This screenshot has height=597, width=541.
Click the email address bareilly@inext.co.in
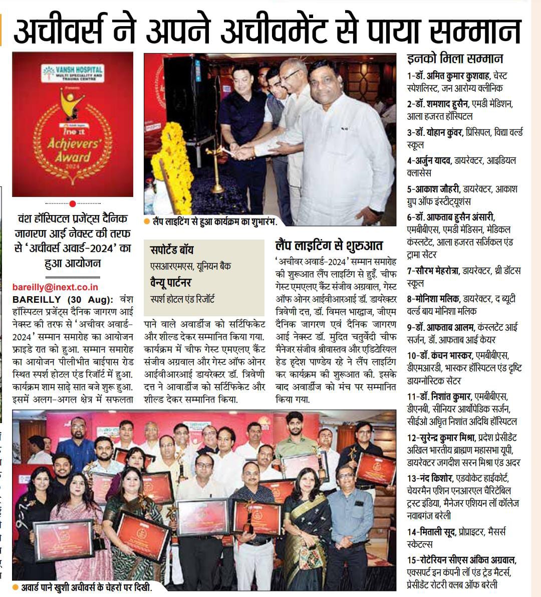(x=55, y=287)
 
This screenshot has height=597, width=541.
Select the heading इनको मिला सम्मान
(x=455, y=58)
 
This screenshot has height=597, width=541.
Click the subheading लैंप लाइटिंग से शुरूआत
(x=329, y=246)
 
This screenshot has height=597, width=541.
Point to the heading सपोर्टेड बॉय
(x=172, y=250)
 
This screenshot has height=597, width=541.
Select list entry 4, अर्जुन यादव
(x=432, y=161)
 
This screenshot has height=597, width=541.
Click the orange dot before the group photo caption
(x=17, y=587)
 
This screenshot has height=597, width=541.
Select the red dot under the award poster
(x=73, y=204)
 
